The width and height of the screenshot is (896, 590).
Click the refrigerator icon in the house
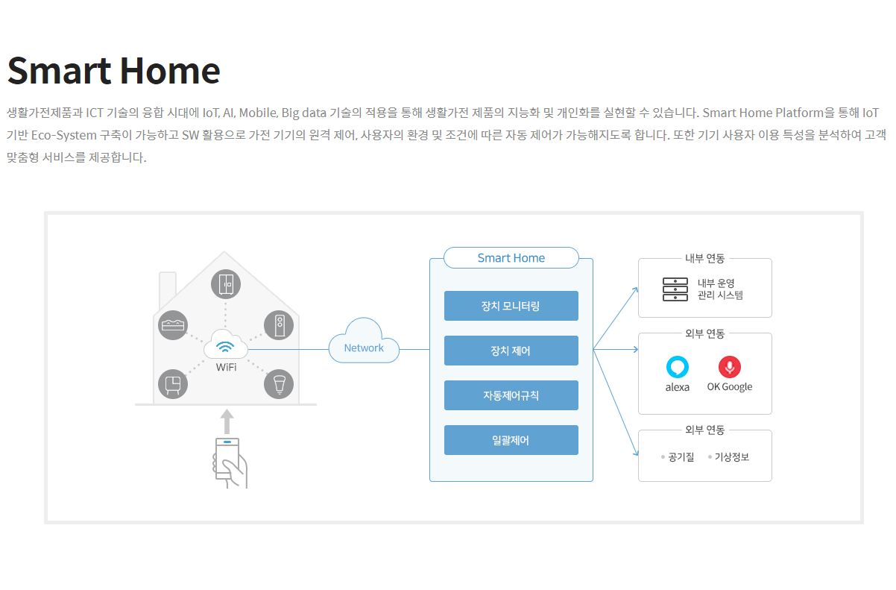(x=226, y=285)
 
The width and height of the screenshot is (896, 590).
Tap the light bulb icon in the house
(x=279, y=384)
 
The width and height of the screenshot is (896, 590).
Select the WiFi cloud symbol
(x=226, y=345)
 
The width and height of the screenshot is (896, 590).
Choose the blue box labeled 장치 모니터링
(x=511, y=306)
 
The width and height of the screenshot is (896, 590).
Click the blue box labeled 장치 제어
(x=511, y=351)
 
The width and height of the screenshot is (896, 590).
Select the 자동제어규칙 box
(x=511, y=395)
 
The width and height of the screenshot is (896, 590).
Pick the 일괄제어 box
(x=511, y=440)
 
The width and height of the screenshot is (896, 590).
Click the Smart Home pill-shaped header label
(x=511, y=258)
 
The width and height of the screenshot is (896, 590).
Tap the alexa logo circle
(x=677, y=367)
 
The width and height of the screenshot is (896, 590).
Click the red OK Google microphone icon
(x=730, y=367)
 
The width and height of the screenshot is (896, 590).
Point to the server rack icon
(x=675, y=289)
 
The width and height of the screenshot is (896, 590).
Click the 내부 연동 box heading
(x=705, y=258)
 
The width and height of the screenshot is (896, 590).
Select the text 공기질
(x=681, y=456)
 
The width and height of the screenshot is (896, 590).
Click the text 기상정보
(x=731, y=456)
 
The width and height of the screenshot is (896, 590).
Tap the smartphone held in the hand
(x=227, y=458)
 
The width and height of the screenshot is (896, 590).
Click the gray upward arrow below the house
(x=227, y=421)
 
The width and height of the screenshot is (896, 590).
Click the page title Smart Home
(x=113, y=71)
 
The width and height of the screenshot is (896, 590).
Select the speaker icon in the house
(x=279, y=325)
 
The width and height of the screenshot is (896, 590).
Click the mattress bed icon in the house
(x=173, y=325)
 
